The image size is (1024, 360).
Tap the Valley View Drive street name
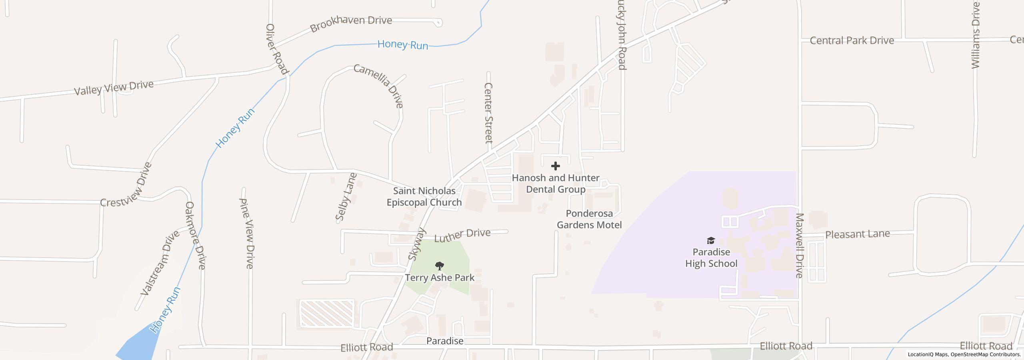point(114,88)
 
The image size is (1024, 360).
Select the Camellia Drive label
point(379,85)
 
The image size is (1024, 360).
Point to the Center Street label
point(488,113)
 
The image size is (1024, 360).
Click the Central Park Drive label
point(852,40)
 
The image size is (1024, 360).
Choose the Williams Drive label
point(976,35)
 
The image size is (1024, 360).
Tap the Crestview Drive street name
point(127,185)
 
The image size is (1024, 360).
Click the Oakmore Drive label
point(195,235)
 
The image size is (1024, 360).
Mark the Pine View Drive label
point(246,233)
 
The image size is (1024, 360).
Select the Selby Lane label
point(346,197)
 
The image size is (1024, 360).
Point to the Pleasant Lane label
point(858,234)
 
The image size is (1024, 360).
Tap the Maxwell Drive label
point(799,245)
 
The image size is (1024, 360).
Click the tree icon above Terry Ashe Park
point(439,266)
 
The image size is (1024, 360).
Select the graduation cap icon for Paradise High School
point(711,240)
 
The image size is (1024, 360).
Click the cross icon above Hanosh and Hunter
point(555,166)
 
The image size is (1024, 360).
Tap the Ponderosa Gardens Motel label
point(589,219)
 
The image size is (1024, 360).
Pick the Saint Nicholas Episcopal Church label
point(424,196)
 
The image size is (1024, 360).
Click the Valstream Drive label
point(160,263)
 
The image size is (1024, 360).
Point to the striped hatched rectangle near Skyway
point(327,313)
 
